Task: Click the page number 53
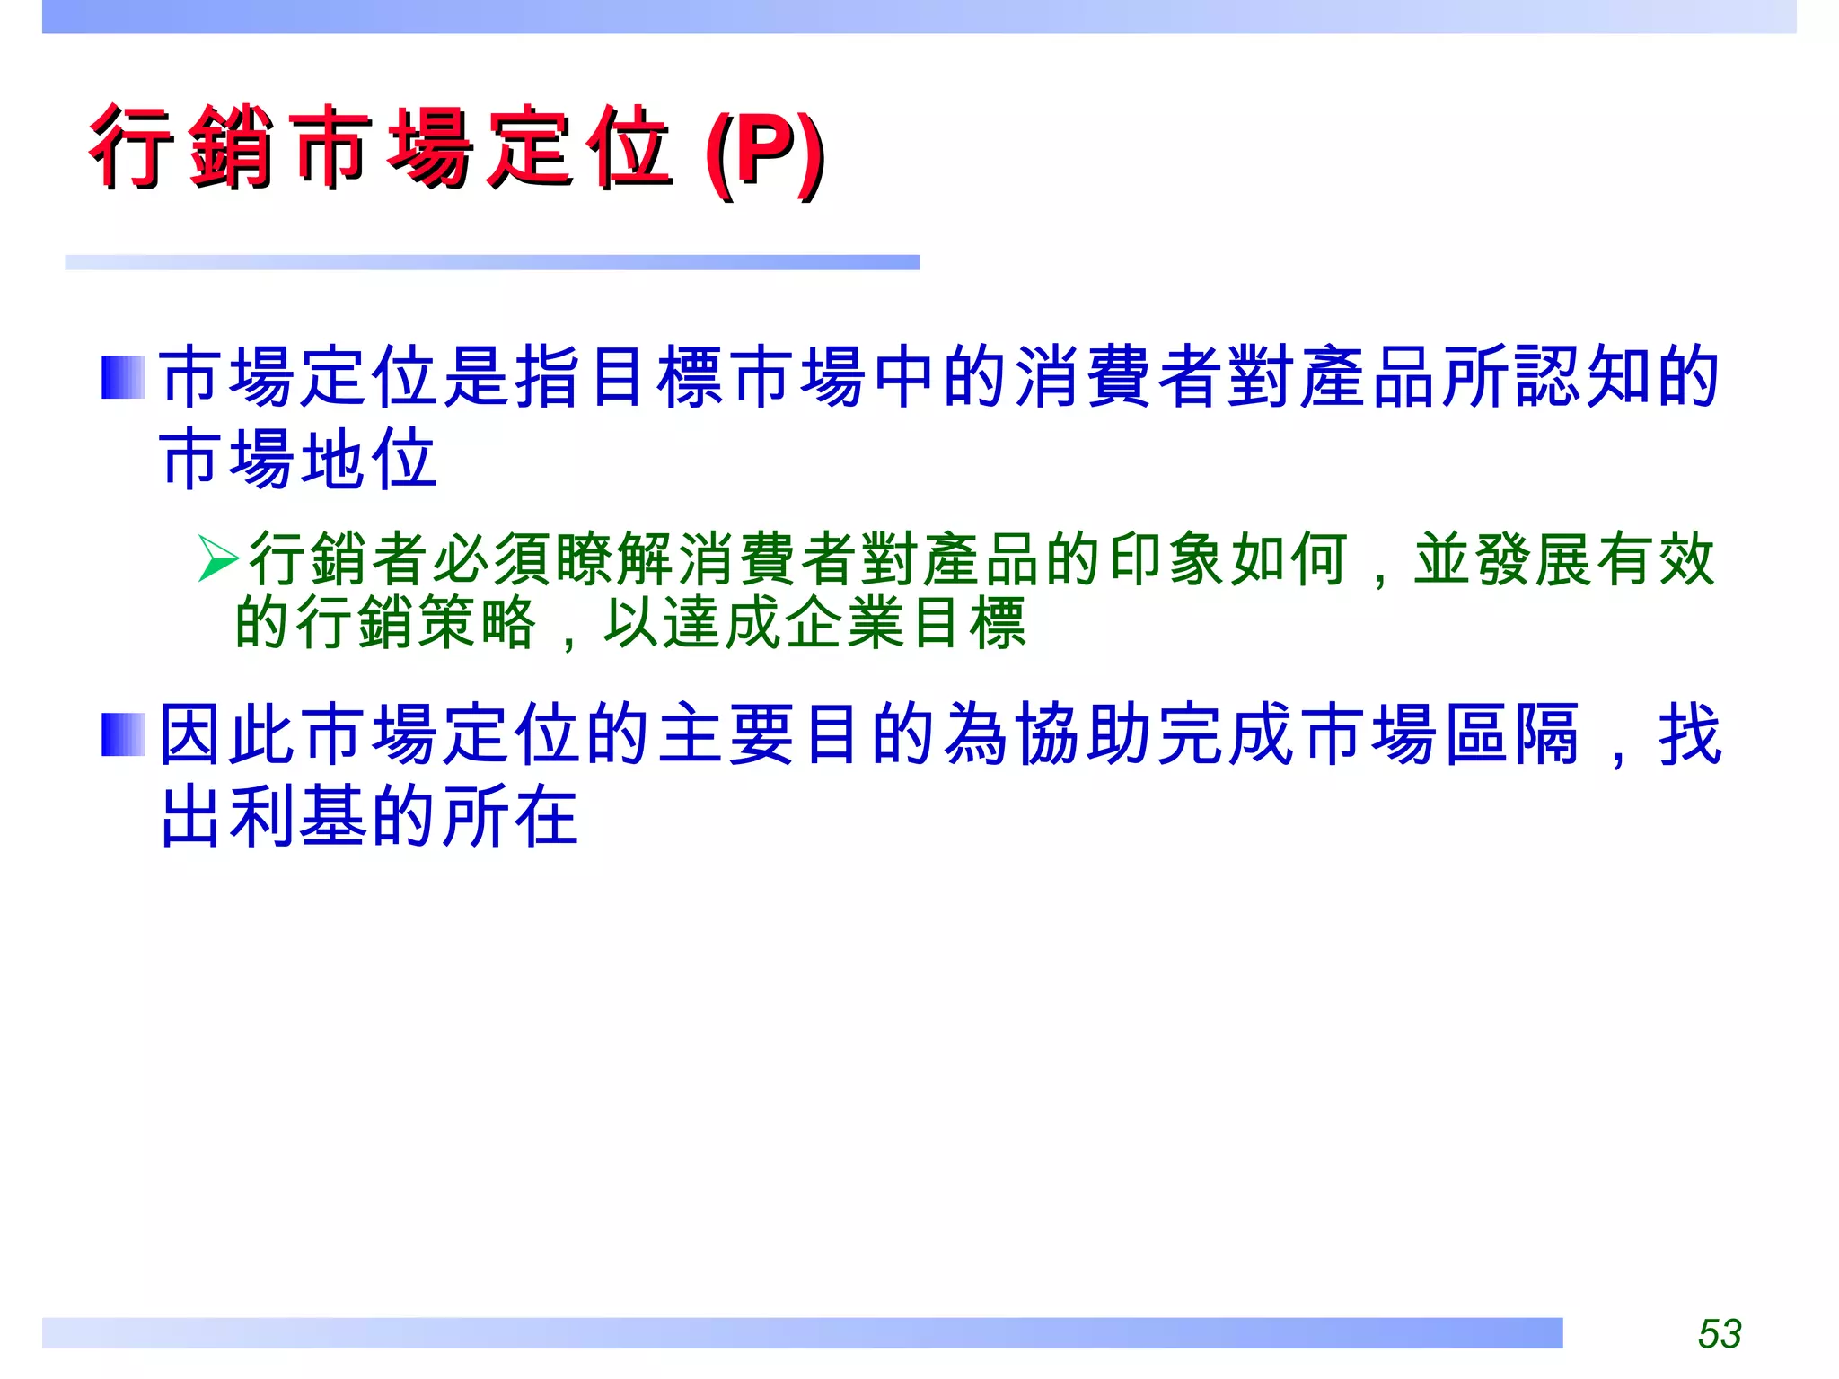[1719, 1333]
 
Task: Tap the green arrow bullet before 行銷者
[218, 558]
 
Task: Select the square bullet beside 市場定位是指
[123, 377]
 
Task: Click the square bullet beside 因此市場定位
[123, 734]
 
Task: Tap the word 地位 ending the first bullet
[368, 459]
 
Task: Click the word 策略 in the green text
[478, 622]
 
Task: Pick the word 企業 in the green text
[814, 622]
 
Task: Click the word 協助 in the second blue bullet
[1051, 734]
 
